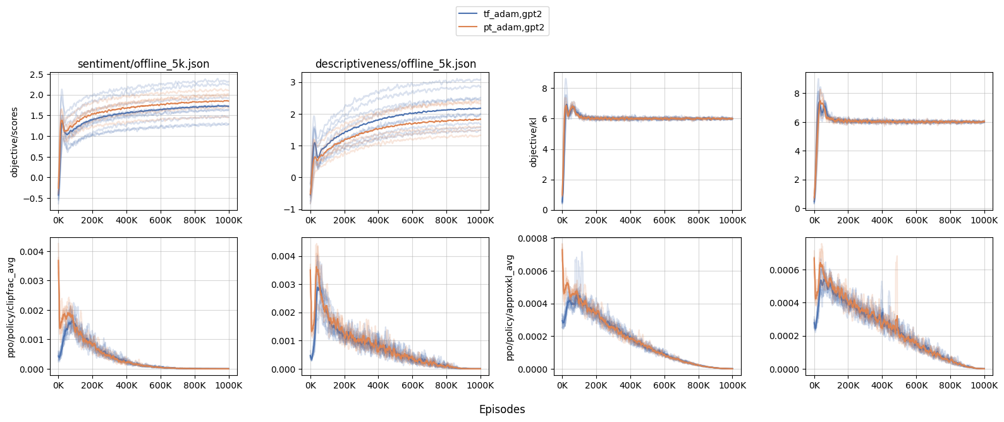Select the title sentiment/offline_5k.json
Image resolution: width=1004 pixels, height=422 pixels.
tap(144, 64)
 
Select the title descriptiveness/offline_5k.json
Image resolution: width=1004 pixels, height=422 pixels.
tap(396, 64)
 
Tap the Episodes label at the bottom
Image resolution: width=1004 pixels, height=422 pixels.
tap(502, 409)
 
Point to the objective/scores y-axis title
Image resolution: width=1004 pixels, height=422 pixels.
tap(15, 141)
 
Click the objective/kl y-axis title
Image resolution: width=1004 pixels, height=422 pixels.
tap(533, 141)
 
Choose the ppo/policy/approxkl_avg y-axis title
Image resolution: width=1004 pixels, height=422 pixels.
tap(510, 307)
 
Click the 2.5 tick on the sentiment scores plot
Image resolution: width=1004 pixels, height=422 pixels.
tap(37, 75)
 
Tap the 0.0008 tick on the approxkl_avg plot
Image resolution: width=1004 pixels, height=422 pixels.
tap(534, 239)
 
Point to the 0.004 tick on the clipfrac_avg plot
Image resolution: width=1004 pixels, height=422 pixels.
tap(32, 252)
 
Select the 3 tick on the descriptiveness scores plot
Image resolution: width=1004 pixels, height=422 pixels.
tap(293, 82)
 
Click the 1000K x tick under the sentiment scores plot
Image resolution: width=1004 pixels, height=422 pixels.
tap(229, 220)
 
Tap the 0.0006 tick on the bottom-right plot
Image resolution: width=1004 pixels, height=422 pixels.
tap(785, 270)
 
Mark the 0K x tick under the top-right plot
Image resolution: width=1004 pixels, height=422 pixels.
tap(814, 220)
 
